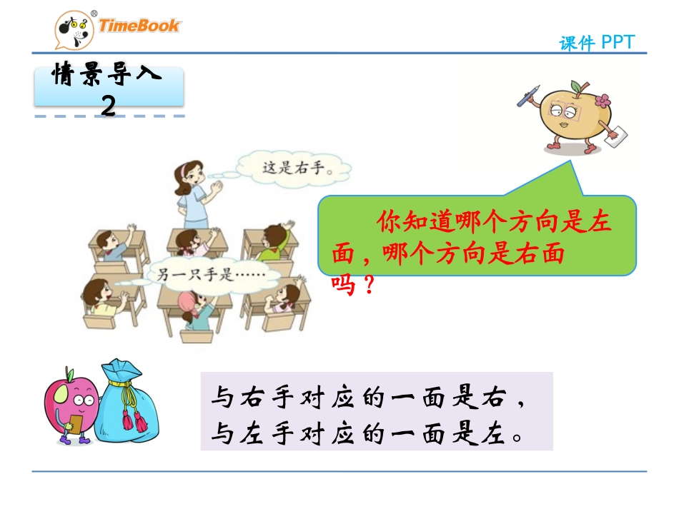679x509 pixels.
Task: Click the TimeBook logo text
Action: tap(139, 26)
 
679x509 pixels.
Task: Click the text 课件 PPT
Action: tap(596, 43)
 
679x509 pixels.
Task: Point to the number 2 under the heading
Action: tap(109, 106)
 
